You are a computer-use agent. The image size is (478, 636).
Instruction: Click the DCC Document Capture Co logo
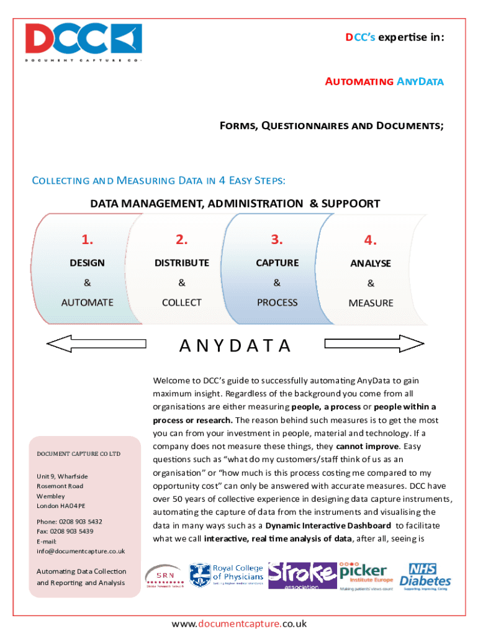(x=83, y=42)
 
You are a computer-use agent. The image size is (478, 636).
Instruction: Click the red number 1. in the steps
(x=88, y=240)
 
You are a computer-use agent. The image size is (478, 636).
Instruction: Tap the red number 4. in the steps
(x=371, y=240)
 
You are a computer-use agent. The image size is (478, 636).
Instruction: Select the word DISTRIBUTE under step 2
(x=182, y=263)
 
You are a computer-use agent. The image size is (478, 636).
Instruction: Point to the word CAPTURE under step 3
(x=277, y=263)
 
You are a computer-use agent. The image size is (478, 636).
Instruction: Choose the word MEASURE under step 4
(x=371, y=303)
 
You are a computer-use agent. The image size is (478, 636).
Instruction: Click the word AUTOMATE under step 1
(x=88, y=302)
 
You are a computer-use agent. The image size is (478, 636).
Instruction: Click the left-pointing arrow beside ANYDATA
(x=97, y=343)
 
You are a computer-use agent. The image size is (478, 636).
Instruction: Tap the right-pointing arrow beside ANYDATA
(x=374, y=343)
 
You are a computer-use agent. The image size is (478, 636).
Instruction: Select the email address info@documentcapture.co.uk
(x=81, y=551)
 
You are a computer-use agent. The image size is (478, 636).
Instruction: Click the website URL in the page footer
(x=239, y=624)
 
